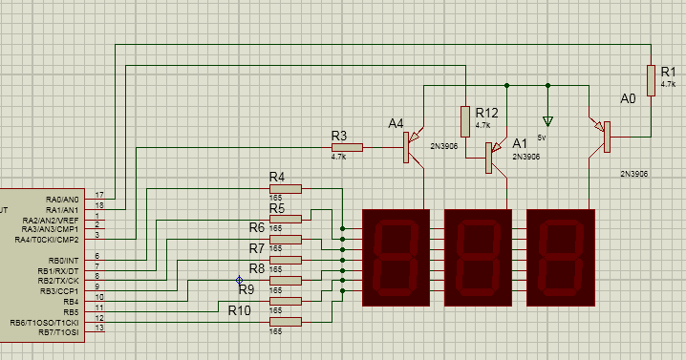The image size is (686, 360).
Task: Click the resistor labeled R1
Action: [x=652, y=80]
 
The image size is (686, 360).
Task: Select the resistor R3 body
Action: [x=347, y=147]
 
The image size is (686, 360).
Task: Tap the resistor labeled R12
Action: [x=465, y=120]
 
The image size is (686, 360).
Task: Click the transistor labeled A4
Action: [x=413, y=145]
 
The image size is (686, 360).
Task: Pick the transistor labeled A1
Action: [x=492, y=158]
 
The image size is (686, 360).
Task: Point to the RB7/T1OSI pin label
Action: [x=58, y=332]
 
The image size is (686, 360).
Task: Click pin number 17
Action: [x=99, y=195]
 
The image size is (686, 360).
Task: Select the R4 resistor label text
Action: [x=277, y=177]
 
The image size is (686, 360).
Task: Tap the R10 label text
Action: [x=239, y=309]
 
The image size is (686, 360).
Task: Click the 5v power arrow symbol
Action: [x=547, y=121]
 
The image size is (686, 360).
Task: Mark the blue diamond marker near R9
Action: [x=240, y=280]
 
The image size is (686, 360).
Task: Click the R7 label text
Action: [x=256, y=248]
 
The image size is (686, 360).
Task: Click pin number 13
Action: [x=99, y=328]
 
